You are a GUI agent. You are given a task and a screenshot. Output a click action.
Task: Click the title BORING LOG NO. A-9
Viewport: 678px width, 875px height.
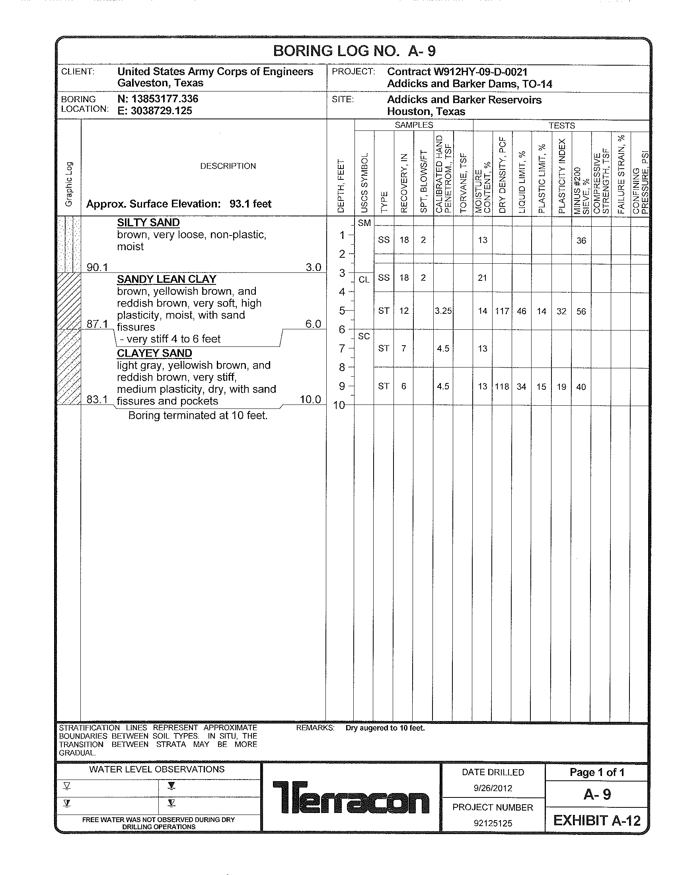pyautogui.click(x=354, y=51)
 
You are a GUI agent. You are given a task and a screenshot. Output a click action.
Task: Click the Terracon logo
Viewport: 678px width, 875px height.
pyautogui.click(x=351, y=797)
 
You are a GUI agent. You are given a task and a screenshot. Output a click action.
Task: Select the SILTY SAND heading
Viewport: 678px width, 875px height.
pyautogui.click(x=148, y=223)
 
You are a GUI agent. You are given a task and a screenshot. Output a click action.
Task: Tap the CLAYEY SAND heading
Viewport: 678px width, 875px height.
pyautogui.click(x=154, y=353)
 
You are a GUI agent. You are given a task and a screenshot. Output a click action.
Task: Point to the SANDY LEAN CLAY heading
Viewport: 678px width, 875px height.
pyautogui.click(x=166, y=279)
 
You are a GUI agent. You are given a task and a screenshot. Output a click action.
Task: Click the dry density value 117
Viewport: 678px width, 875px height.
pyautogui.click(x=502, y=311)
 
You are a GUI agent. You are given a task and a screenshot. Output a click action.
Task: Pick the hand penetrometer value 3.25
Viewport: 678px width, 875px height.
pyautogui.click(x=443, y=311)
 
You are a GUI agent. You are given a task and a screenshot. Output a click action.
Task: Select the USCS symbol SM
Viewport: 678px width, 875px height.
pyautogui.click(x=364, y=223)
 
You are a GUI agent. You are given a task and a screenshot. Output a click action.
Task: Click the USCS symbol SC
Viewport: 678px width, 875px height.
pyautogui.click(x=364, y=336)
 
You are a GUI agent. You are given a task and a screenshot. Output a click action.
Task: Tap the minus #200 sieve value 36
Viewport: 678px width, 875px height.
pyautogui.click(x=581, y=240)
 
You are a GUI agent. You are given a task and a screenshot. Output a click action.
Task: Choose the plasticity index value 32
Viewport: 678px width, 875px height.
pyautogui.click(x=561, y=311)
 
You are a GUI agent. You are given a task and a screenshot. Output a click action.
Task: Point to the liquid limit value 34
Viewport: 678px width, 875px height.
pyautogui.click(x=521, y=387)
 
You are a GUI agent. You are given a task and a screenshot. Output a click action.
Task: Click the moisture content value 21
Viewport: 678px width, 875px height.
pyautogui.click(x=483, y=278)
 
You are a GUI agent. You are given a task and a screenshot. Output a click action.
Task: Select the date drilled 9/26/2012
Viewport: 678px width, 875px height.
pyautogui.click(x=493, y=788)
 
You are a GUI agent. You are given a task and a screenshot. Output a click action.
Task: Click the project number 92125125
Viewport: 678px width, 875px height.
pyautogui.click(x=493, y=823)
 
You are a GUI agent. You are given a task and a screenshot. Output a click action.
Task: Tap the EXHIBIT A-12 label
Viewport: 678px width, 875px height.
pyautogui.click(x=597, y=821)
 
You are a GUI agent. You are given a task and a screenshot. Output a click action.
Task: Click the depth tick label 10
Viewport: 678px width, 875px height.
pyautogui.click(x=339, y=405)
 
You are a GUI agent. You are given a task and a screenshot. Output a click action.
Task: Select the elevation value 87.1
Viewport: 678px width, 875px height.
pyautogui.click(x=97, y=324)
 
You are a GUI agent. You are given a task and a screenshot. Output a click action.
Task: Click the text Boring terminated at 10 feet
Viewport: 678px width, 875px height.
pyautogui.click(x=197, y=416)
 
